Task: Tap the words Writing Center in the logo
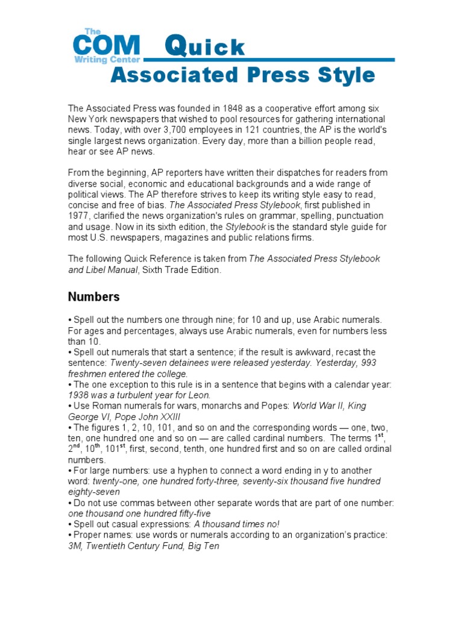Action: (x=107, y=60)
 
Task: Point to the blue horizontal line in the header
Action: (x=271, y=60)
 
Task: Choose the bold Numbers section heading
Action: (x=93, y=297)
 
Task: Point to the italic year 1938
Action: (x=79, y=395)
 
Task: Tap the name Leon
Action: (x=198, y=395)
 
